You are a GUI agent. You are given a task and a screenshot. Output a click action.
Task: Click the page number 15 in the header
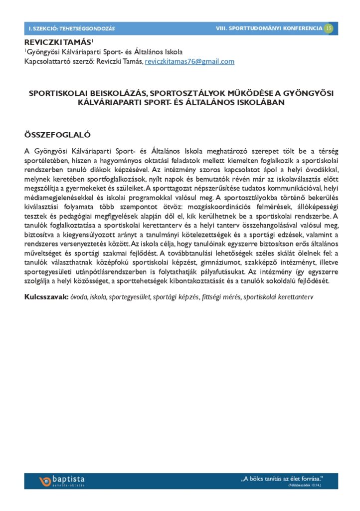(x=329, y=28)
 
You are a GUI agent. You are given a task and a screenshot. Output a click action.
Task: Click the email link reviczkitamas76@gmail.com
(x=189, y=62)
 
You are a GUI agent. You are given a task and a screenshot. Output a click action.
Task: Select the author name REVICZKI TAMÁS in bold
(x=57, y=42)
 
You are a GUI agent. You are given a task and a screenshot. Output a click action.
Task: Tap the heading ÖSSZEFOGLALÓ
(x=57, y=135)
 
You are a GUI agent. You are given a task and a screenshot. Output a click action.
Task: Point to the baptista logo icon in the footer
(x=45, y=482)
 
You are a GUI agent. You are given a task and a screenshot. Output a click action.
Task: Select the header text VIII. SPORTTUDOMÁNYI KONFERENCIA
(x=269, y=28)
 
